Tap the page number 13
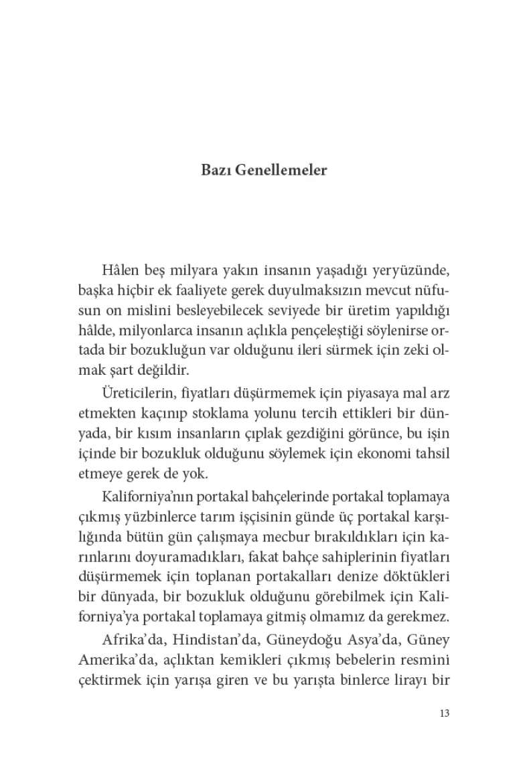[443, 713]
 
